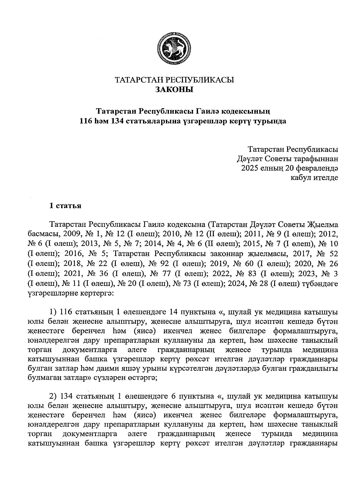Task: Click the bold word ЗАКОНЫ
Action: pos(174,89)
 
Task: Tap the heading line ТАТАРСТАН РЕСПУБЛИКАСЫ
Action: pos(174,80)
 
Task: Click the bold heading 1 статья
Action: pos(65,206)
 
